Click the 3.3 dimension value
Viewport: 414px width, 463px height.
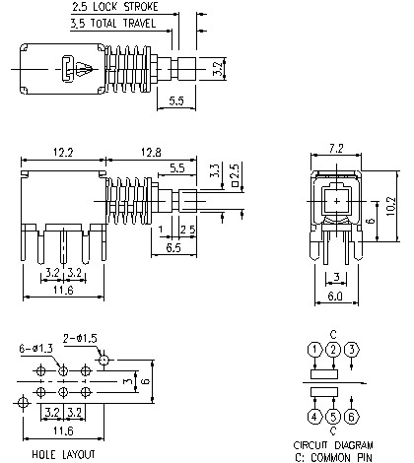[216, 170]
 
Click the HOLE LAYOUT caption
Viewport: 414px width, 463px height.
[62, 454]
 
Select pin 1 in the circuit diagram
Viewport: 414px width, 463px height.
[313, 350]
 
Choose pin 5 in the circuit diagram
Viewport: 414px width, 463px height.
[334, 417]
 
